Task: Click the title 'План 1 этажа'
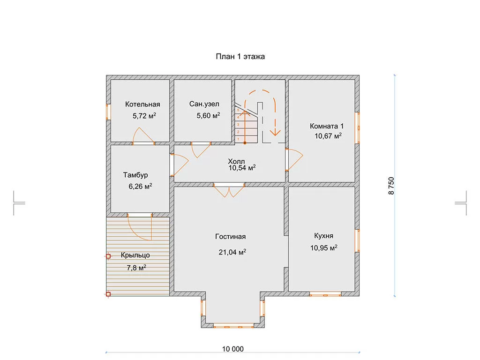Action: (240, 57)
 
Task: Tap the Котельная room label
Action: (142, 105)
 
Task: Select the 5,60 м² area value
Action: (208, 115)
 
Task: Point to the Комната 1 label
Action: (327, 126)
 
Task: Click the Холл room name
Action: (236, 161)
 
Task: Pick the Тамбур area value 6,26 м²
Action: (140, 187)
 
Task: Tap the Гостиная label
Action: (231, 237)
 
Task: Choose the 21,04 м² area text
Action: (232, 252)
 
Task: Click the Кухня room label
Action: (323, 236)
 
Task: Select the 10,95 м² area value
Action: (324, 247)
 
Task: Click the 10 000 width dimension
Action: (232, 349)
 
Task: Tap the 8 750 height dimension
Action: (391, 186)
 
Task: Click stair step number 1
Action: (238, 139)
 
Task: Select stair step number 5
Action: (238, 110)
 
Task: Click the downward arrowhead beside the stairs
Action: (275, 132)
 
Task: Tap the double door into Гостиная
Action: (229, 190)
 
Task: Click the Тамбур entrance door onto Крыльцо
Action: (140, 227)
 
